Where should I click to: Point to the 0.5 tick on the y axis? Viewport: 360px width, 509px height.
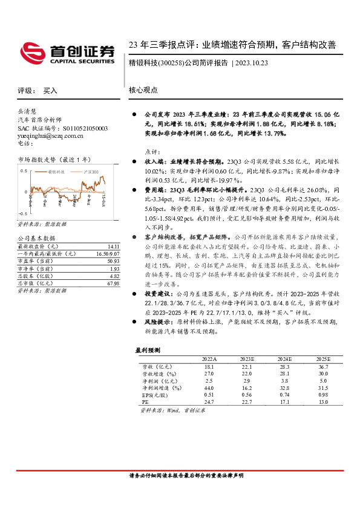(24, 171)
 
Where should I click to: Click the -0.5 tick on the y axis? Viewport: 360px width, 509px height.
(22, 213)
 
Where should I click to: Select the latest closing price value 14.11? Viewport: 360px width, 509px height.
(113, 247)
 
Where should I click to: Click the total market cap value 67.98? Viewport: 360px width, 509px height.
(113, 284)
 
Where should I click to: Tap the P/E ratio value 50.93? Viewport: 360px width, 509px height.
(113, 261)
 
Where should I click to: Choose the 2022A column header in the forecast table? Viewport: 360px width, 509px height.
(209, 358)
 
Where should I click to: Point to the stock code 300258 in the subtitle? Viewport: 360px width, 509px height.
(171, 62)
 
